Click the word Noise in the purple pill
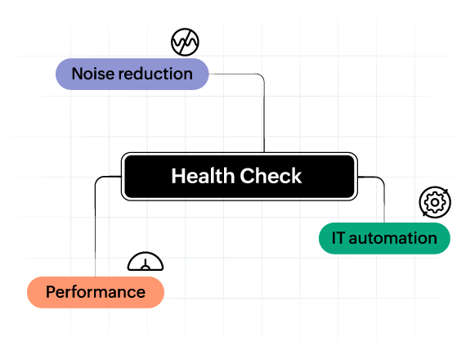pos(92,74)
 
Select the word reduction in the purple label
pos(155,74)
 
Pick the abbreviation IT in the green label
pos(338,238)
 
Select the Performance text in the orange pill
pos(96,292)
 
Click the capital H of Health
pos(177,176)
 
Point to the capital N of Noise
pos(77,74)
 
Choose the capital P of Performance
pos(51,292)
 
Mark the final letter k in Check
pos(297,176)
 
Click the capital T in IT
pos(341,238)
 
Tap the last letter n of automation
pos(432,238)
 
